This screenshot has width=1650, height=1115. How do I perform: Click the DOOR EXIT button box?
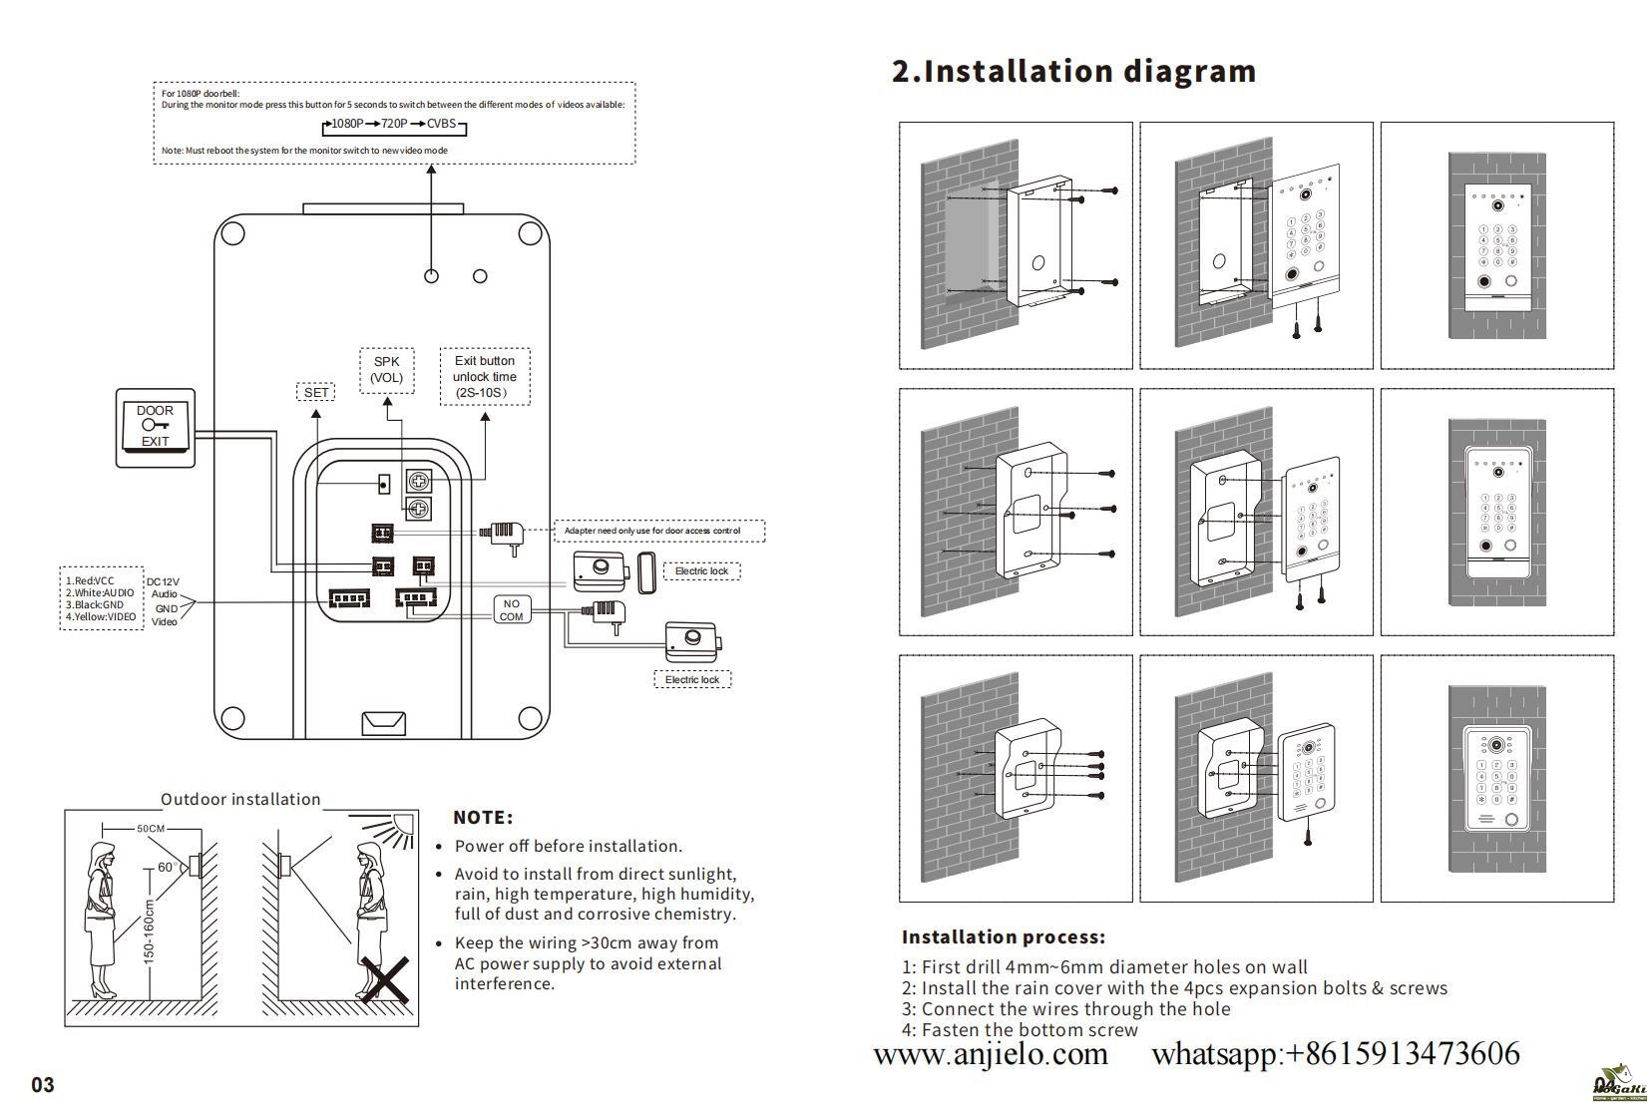tap(156, 427)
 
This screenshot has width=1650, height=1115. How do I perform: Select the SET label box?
tap(315, 392)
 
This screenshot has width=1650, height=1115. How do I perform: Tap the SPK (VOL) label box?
tap(386, 370)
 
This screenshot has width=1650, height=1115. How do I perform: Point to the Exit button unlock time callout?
tap(485, 377)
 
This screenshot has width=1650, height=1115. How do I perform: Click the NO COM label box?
tap(511, 609)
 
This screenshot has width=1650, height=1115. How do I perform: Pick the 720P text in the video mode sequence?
tap(394, 124)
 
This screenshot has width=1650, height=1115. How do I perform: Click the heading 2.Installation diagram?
tap(1073, 72)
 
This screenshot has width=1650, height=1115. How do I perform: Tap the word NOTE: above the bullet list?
tap(483, 818)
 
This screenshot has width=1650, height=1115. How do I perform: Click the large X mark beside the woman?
tap(384, 980)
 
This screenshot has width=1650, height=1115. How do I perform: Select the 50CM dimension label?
tap(151, 829)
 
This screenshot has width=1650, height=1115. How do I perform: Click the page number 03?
tap(43, 1085)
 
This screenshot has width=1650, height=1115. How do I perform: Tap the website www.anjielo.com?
tap(991, 1054)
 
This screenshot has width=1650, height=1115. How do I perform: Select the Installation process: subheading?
tap(1004, 937)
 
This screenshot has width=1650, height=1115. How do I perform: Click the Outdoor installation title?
tap(240, 800)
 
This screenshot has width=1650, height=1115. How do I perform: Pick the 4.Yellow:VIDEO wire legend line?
tap(101, 617)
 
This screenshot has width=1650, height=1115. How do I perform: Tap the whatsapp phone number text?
tap(1335, 1054)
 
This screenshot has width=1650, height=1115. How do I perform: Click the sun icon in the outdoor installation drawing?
tap(400, 827)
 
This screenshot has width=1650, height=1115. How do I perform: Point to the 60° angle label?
tap(167, 868)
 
